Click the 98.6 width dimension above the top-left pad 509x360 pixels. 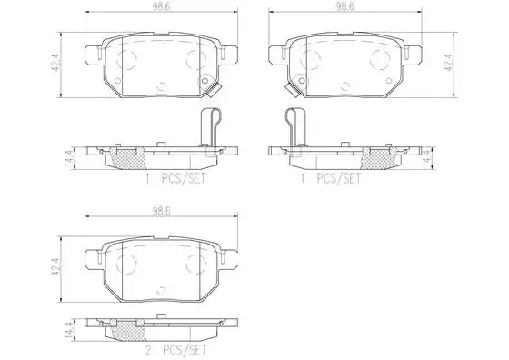(162, 6)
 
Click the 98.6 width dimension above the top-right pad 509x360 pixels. (345, 6)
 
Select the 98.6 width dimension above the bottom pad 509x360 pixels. (162, 211)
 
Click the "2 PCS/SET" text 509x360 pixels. (176, 350)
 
